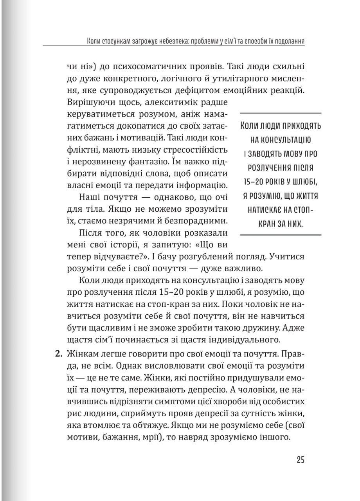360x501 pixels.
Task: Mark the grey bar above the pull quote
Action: [280, 114]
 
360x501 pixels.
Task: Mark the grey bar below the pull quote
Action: [280, 234]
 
